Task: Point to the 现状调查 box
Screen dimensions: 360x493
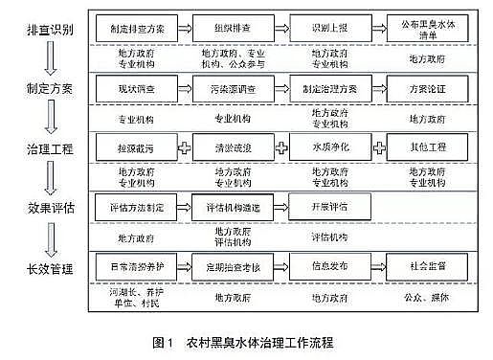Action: [x=138, y=87]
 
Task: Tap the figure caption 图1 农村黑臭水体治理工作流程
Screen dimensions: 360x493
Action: [x=246, y=340]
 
